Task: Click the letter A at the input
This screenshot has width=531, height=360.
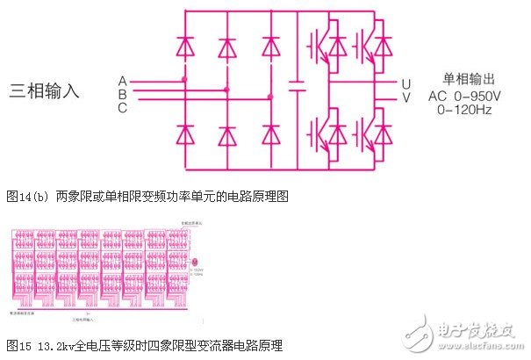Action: pos(122,80)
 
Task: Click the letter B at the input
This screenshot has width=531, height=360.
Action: pos(122,93)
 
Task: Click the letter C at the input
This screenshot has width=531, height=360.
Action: pos(122,107)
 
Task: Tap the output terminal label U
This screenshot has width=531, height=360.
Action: pos(406,83)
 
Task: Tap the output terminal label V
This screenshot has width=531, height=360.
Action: pos(406,97)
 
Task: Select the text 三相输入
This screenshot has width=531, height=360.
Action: pos(45,90)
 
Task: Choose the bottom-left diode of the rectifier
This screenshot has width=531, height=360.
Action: pos(185,134)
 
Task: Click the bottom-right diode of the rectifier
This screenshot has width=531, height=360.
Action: pos(270,134)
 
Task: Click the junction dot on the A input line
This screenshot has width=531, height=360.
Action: pos(184,79)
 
